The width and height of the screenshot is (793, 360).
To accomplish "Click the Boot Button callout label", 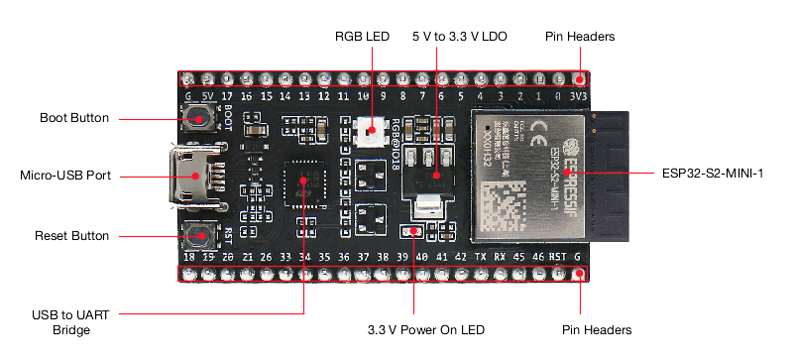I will (73, 118).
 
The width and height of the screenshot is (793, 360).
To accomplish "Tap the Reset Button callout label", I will (71, 236).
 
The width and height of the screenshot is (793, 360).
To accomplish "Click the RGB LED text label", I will (362, 36).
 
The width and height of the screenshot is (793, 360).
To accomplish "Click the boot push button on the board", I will (202, 122).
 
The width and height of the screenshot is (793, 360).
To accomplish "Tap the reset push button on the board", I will (201, 236).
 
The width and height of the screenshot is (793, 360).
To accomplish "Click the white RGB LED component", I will (368, 130).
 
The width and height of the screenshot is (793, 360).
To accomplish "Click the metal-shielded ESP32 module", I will (525, 176).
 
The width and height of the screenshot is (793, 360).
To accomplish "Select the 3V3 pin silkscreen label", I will (579, 96).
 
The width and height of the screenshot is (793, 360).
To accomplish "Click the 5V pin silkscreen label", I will (208, 96).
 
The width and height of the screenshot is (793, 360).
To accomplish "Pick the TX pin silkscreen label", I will (480, 256).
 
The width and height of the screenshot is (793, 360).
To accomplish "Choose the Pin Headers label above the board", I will (580, 36).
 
